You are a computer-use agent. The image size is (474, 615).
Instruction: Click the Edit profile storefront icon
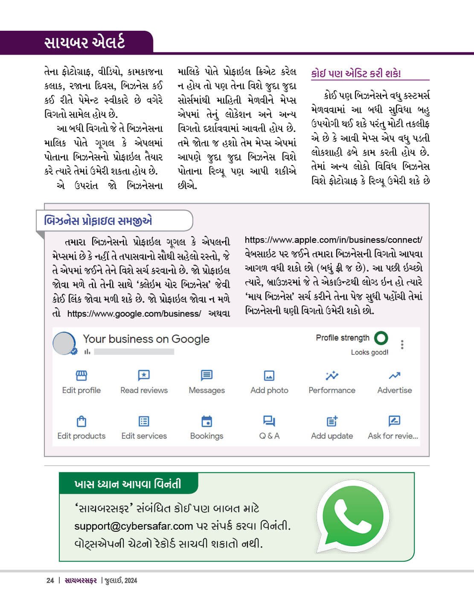point(81,376)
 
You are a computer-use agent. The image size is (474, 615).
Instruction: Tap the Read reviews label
point(144,390)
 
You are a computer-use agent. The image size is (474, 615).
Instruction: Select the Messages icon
point(206,376)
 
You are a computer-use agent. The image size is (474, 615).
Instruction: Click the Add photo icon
point(269,376)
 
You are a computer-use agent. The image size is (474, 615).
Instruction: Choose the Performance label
point(332,390)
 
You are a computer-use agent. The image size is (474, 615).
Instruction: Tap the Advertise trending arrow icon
point(395,376)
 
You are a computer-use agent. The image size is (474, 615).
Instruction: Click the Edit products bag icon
point(81,422)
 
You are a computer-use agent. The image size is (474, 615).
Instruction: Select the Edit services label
point(144,436)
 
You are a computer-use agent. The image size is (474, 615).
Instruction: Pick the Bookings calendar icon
point(206,421)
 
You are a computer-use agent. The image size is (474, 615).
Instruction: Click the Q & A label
point(269,436)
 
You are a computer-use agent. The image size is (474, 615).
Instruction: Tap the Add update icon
point(332,421)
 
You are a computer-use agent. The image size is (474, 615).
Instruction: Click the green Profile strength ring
point(381,338)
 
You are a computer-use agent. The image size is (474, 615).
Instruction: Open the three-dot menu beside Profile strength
point(402,344)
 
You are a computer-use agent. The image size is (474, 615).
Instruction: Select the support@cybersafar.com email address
point(134,526)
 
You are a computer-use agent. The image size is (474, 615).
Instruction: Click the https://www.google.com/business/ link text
point(134,314)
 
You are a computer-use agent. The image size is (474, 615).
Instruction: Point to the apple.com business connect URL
point(333,240)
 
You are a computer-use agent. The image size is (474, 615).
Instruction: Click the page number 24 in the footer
point(50,580)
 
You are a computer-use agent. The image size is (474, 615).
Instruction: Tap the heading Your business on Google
point(146,339)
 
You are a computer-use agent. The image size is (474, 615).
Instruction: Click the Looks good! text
point(369,352)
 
